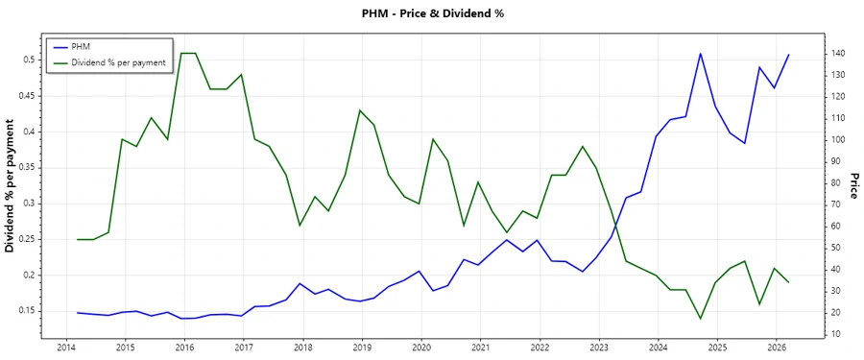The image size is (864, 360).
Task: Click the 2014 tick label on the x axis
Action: pyautogui.click(x=66, y=348)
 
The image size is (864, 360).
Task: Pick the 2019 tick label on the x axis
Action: pyautogui.click(x=362, y=348)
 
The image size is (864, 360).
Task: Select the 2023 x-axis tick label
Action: pyautogui.click(x=599, y=348)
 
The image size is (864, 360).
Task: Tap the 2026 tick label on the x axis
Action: pyautogui.click(x=777, y=348)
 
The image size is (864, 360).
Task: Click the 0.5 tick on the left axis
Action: pyautogui.click(x=28, y=60)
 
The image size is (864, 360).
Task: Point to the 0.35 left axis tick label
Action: pyautogui.click(x=24, y=167)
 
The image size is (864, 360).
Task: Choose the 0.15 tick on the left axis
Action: pyautogui.click(x=24, y=311)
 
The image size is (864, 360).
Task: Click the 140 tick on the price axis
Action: pyautogui.click(x=838, y=53)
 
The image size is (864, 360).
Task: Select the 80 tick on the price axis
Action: pyautogui.click(x=835, y=182)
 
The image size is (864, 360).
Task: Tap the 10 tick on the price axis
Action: pyautogui.click(x=835, y=334)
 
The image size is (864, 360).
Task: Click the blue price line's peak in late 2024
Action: pyautogui.click(x=700, y=54)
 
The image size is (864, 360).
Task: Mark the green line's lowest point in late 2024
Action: pyautogui.click(x=700, y=319)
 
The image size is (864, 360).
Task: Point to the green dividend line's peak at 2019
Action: pyautogui.click(x=360, y=110)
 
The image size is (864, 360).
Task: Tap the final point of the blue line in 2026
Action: pyautogui.click(x=788, y=55)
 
